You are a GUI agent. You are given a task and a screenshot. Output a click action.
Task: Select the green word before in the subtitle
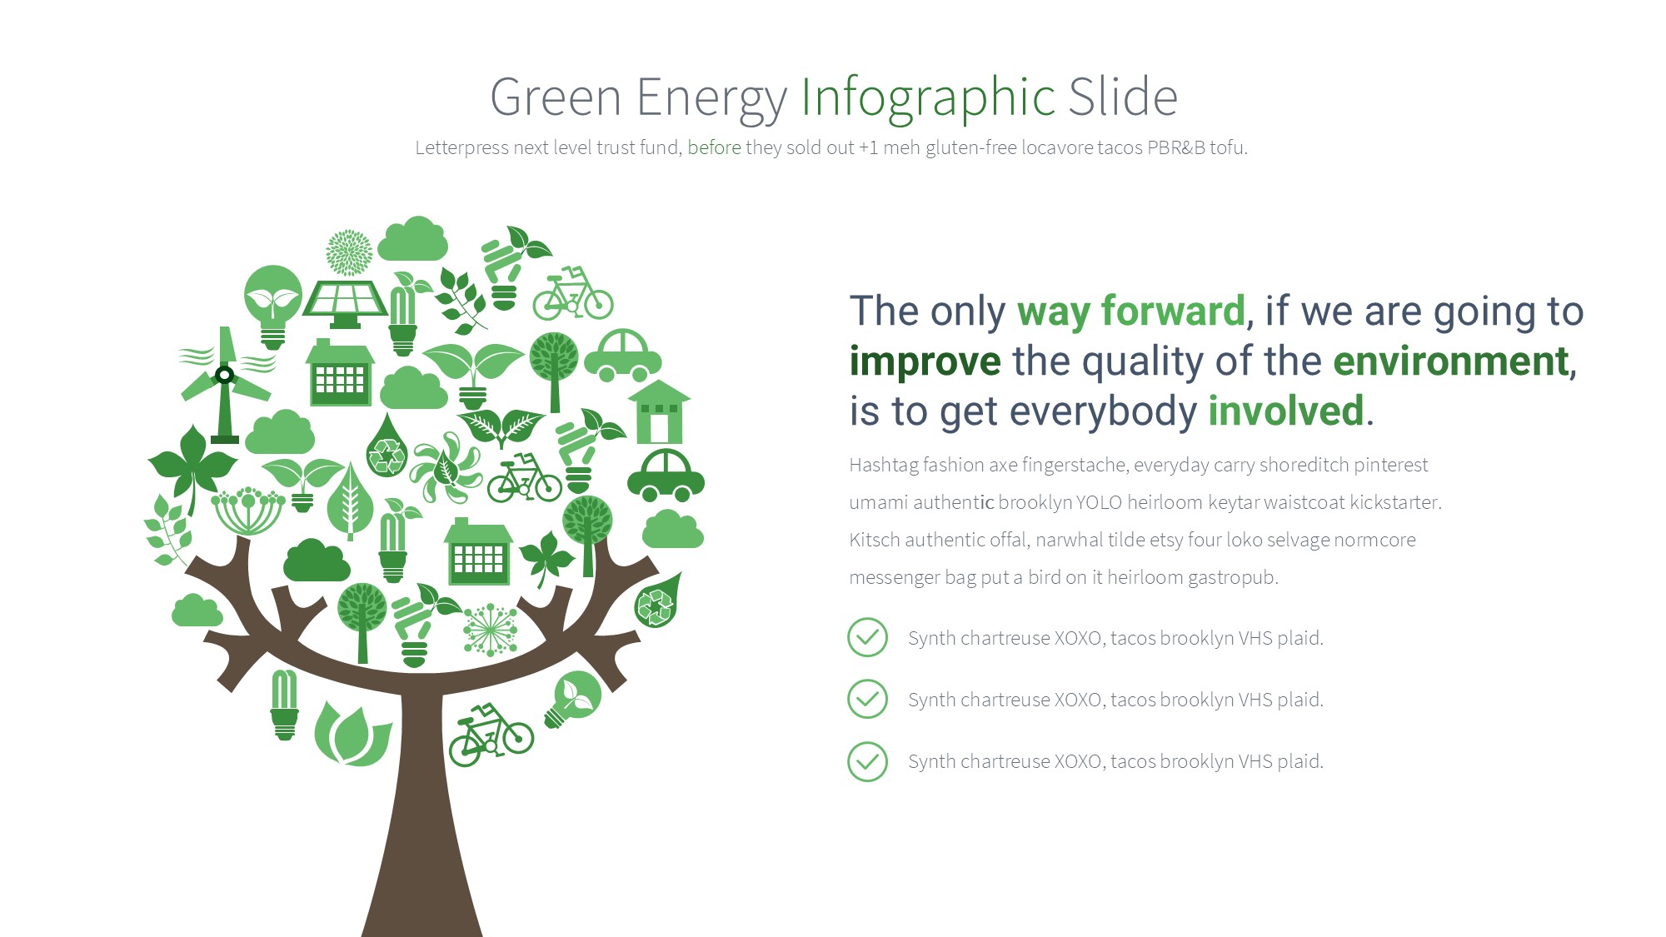coord(714,147)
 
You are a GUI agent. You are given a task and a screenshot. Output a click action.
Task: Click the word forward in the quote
coord(1173,311)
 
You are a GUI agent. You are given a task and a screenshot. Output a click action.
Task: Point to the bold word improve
coord(925,362)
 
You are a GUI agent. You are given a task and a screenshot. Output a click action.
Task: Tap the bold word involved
coord(1286,411)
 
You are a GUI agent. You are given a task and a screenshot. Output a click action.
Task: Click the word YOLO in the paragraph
coord(1099,502)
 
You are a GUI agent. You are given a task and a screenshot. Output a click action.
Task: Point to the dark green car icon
coord(666,476)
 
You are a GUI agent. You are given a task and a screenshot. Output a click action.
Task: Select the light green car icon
coord(622,355)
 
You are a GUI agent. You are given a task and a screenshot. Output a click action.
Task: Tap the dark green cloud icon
coord(317,560)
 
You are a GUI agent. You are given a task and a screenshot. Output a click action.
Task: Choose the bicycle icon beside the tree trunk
coord(491,735)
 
